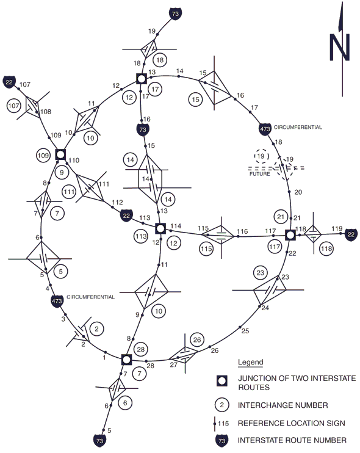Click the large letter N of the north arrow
tap(339, 48)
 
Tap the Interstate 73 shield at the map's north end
tap(175, 13)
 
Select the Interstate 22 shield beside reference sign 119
tap(351, 234)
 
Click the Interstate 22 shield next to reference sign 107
tap(9, 82)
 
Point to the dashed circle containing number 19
tap(261, 156)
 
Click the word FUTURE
tap(260, 174)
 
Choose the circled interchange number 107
tap(14, 106)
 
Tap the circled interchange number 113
tap(141, 236)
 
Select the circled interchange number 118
tap(326, 248)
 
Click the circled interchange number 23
tap(261, 273)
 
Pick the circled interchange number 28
tap(140, 349)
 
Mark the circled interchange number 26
tap(197, 339)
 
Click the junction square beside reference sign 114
tap(160, 228)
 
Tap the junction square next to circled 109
tap(60, 154)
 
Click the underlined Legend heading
tap(251, 362)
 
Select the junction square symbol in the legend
tap(222, 381)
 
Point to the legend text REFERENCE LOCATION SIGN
tap(292, 423)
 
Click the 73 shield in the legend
tap(221, 441)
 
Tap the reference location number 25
tap(245, 331)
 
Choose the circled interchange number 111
tap(70, 192)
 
